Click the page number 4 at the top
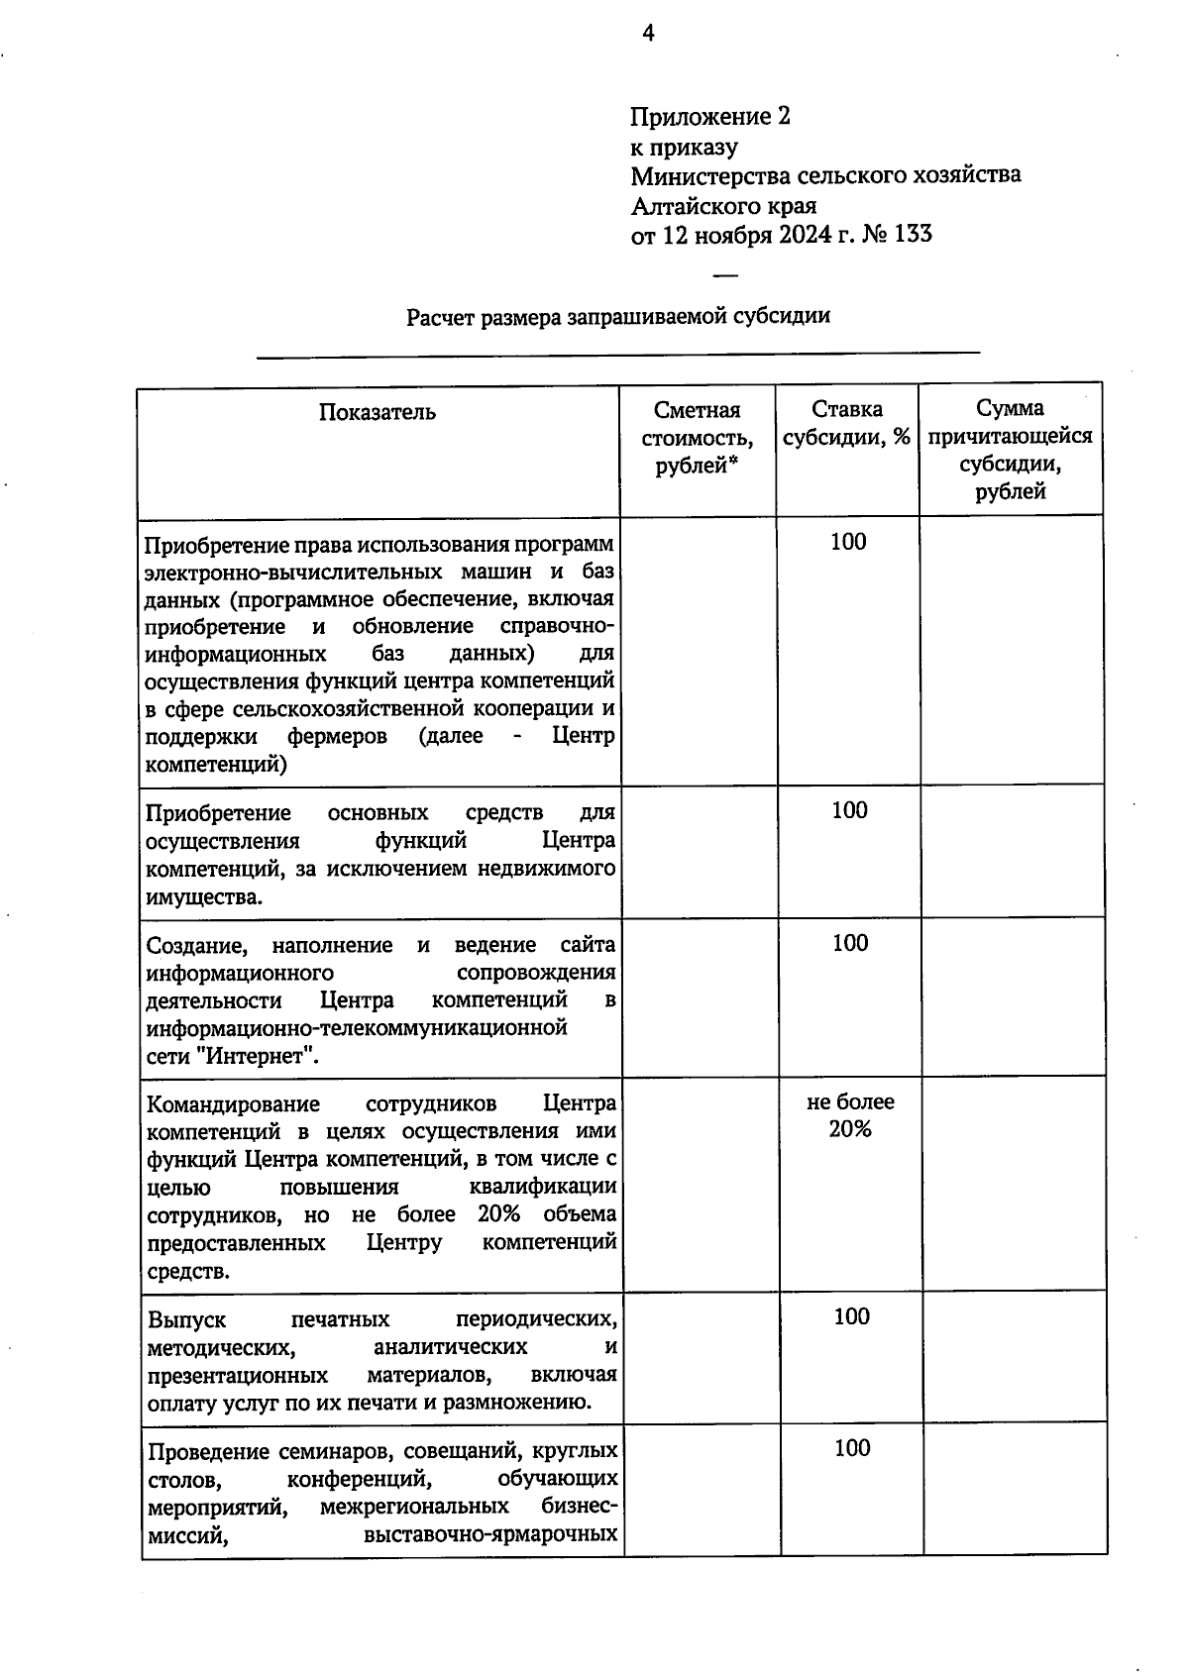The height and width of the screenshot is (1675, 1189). click(648, 35)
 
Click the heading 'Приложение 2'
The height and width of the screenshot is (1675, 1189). click(710, 117)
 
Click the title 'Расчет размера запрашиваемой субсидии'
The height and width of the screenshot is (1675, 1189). click(617, 317)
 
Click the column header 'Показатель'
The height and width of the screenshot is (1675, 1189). click(377, 412)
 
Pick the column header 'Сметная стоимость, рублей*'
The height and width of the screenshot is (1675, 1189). click(697, 438)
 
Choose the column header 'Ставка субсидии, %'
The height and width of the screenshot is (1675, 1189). click(846, 423)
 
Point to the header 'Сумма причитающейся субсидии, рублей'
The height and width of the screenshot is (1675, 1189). click(1010, 450)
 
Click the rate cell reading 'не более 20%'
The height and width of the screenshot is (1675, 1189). click(849, 1115)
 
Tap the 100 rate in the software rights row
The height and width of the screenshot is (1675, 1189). click(848, 542)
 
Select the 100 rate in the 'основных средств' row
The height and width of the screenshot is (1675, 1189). click(849, 810)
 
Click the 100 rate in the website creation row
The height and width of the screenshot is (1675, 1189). click(849, 943)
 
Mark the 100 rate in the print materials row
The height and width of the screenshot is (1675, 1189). click(851, 1316)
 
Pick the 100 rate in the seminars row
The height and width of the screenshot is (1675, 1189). click(851, 1448)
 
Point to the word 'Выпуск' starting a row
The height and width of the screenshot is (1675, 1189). click(186, 1320)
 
